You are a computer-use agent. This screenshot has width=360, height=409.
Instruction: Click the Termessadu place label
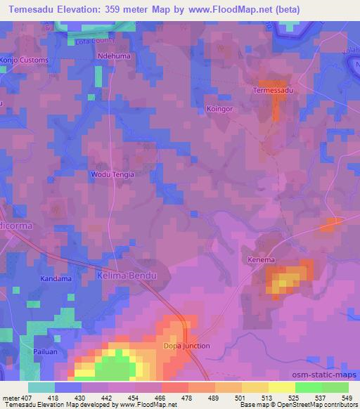pos(272,91)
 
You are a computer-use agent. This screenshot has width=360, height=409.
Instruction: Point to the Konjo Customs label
pos(25,60)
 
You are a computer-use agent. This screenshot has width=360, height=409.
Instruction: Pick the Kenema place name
pos(261,260)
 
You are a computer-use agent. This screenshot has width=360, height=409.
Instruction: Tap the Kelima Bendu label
pos(126,275)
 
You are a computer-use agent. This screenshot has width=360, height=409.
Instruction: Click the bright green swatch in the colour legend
pos(309,387)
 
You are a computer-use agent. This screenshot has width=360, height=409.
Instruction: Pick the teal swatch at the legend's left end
pos(41,387)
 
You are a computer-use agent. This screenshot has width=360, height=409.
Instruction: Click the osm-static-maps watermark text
pos(326,375)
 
